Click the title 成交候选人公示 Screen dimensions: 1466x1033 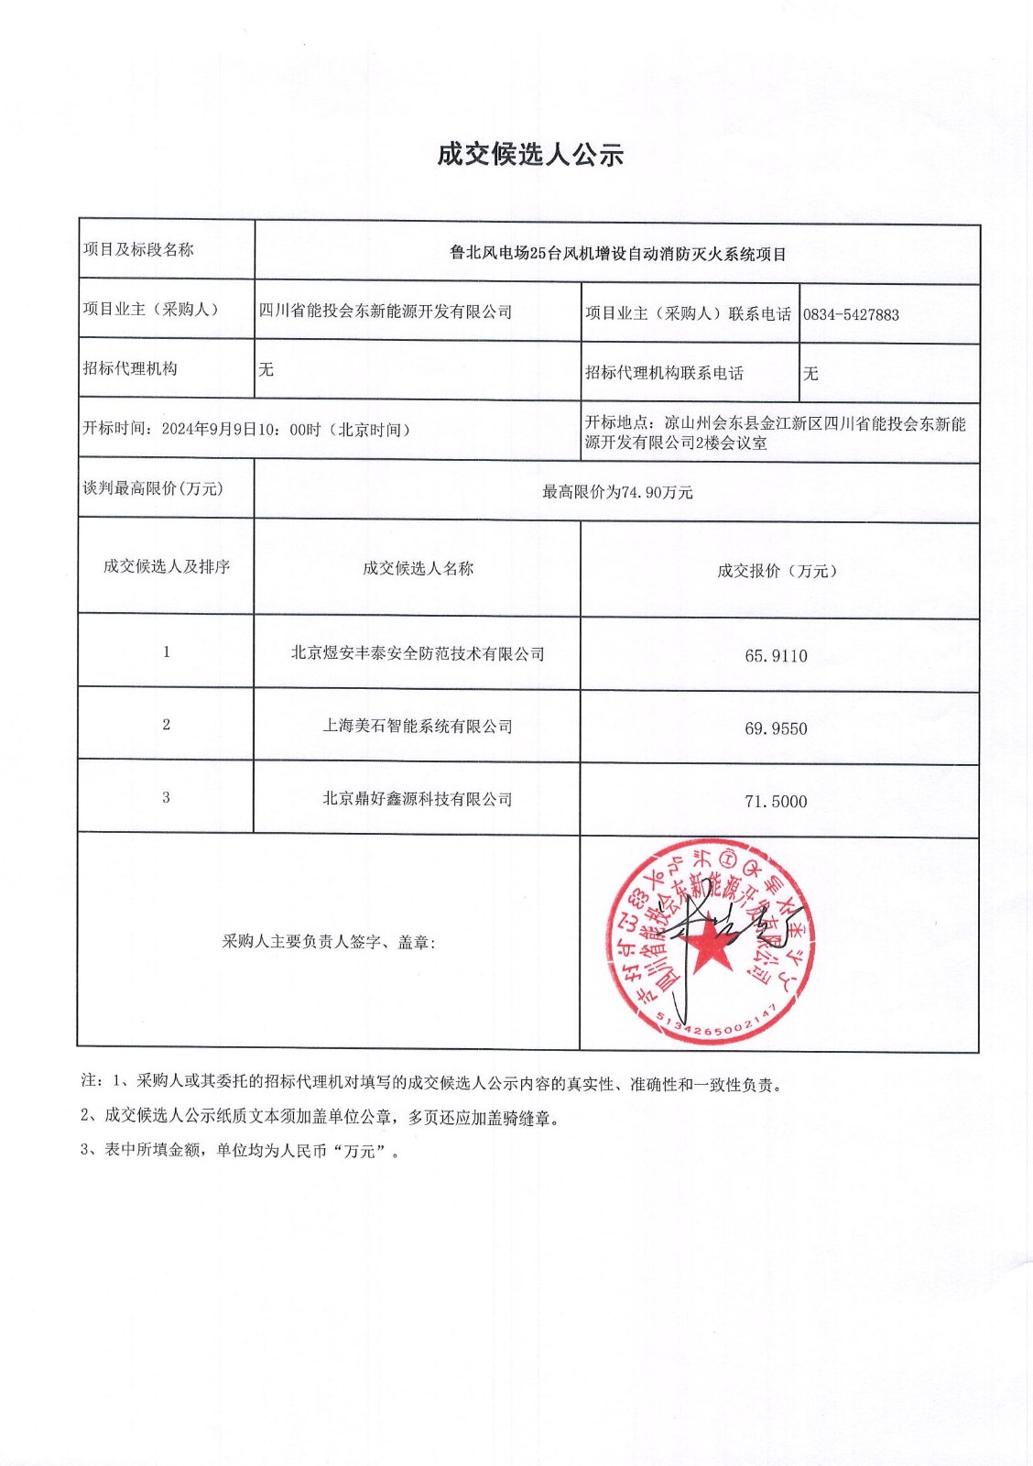[x=529, y=155]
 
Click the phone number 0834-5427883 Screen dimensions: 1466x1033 [x=851, y=314]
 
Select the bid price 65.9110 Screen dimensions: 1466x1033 [x=776, y=656]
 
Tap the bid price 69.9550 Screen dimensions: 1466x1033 [x=776, y=728]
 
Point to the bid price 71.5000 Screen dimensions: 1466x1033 [x=776, y=802]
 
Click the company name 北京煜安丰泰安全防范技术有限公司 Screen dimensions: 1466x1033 [x=418, y=653]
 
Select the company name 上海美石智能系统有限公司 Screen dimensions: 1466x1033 [x=418, y=726]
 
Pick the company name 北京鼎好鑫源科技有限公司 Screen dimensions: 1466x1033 [x=418, y=799]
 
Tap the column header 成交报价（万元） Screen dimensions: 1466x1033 [x=777, y=571]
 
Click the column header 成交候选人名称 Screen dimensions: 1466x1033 [x=418, y=569]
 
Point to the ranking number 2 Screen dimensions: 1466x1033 [x=166, y=725]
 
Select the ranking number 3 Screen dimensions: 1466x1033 [x=166, y=798]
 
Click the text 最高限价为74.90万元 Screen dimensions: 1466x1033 [x=617, y=492]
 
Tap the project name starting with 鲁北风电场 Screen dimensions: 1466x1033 [x=618, y=254]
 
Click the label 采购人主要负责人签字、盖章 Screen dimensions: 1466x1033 [x=328, y=942]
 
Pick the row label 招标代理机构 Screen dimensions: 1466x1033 [x=130, y=368]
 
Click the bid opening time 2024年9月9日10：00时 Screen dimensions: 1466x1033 [x=241, y=430]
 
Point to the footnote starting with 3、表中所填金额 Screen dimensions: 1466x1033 [x=241, y=1150]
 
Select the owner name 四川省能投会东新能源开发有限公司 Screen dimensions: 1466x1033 [x=386, y=312]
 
